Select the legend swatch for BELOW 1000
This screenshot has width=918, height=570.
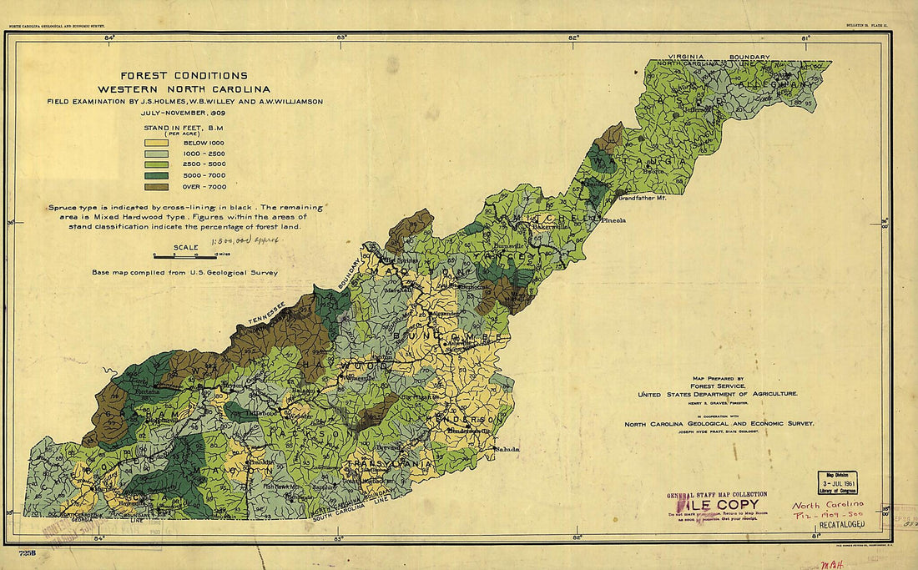coord(157,143)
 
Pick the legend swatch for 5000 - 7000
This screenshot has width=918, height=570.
coord(157,175)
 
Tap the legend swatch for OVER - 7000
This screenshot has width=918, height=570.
coord(157,187)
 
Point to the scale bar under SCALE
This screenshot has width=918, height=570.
coord(184,256)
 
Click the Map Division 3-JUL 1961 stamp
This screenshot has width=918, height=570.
coord(836,482)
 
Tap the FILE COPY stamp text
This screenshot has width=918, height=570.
coord(718,505)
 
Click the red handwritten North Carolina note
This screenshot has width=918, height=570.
coord(828,506)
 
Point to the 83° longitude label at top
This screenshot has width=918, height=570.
coord(341,38)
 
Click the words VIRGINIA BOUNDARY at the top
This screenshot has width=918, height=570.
coord(714,57)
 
